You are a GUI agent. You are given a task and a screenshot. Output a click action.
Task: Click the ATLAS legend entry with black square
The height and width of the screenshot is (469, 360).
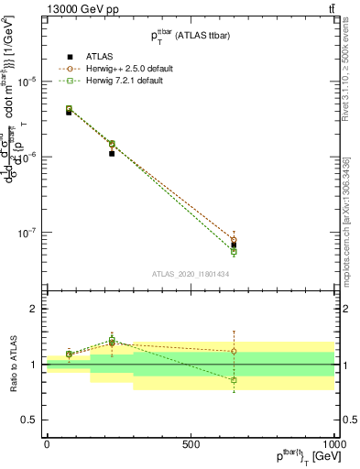[x=87, y=57]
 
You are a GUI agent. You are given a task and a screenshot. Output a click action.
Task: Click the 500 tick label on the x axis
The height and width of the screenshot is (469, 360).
[x=191, y=443]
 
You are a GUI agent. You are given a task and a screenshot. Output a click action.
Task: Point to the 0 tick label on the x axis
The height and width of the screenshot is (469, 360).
[x=47, y=443]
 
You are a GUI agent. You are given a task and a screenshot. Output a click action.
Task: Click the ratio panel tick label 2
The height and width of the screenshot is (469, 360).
[x=35, y=310]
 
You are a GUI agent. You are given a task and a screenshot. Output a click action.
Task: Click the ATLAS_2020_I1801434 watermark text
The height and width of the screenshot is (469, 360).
[x=190, y=274]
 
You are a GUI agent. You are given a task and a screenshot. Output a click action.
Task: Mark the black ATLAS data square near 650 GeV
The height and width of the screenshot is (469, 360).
[x=234, y=245]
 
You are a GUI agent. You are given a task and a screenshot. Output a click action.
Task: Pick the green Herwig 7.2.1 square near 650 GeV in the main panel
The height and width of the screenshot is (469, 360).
[x=234, y=251]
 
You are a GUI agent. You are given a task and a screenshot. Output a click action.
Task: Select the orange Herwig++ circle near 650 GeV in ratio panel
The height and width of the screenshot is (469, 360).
[x=234, y=351]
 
